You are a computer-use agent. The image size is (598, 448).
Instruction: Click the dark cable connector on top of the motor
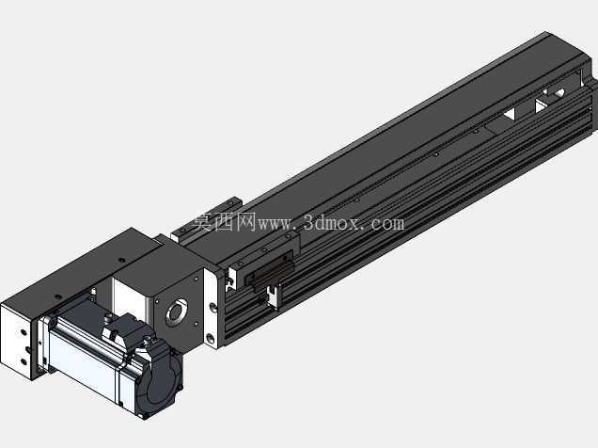pyautogui.click(x=123, y=328)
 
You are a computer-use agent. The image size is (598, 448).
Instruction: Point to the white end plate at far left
pyautogui.click(x=17, y=341)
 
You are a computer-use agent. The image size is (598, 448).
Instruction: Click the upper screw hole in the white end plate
pyautogui.click(x=24, y=333)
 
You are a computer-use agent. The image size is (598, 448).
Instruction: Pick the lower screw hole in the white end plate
pyautogui.click(x=24, y=361)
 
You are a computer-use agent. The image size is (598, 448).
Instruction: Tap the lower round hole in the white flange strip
pyautogui.click(x=210, y=338)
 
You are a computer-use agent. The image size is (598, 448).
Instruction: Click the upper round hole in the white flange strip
pyautogui.click(x=212, y=307)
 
